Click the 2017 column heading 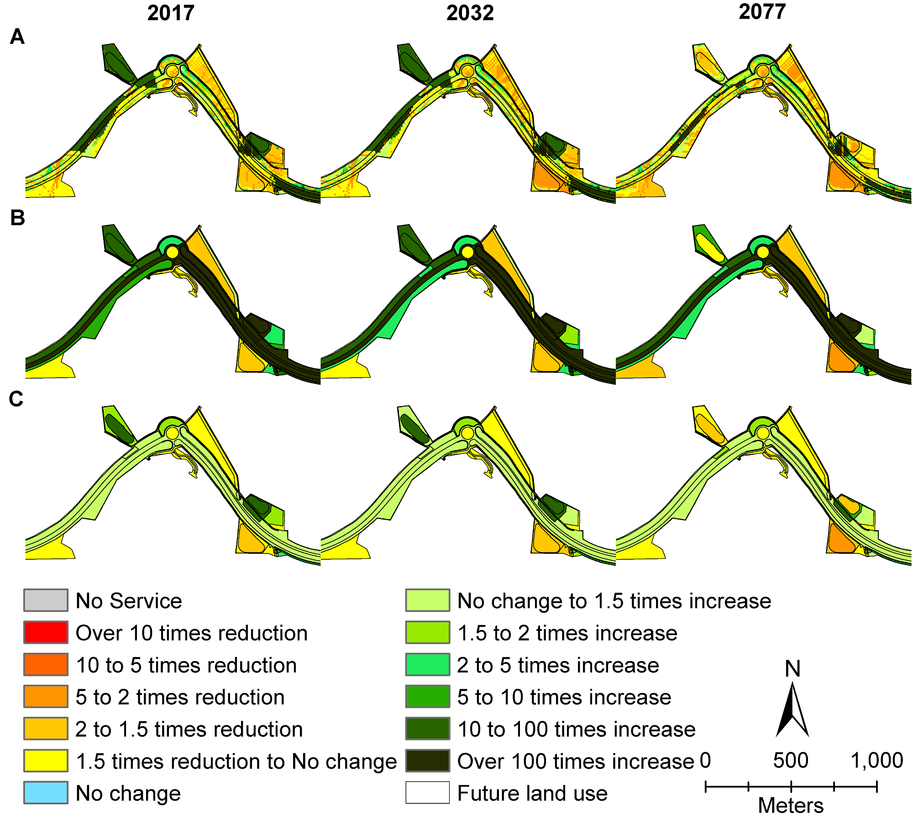point(171,13)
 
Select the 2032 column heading point(470,13)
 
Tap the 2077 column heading point(762,11)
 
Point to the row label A point(17,36)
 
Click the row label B point(17,218)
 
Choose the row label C point(16,399)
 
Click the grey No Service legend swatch point(46,600)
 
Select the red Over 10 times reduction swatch point(46,632)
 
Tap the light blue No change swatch point(46,792)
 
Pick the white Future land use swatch point(427,792)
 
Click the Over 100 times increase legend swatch point(427,761)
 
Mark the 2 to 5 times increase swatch point(427,665)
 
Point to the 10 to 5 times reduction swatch point(46,665)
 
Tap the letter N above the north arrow point(792,669)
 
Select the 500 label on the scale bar point(791,761)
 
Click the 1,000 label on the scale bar point(876,761)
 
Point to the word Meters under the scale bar point(791,806)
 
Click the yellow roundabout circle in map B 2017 point(172,252)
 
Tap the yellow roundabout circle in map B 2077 point(762,252)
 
